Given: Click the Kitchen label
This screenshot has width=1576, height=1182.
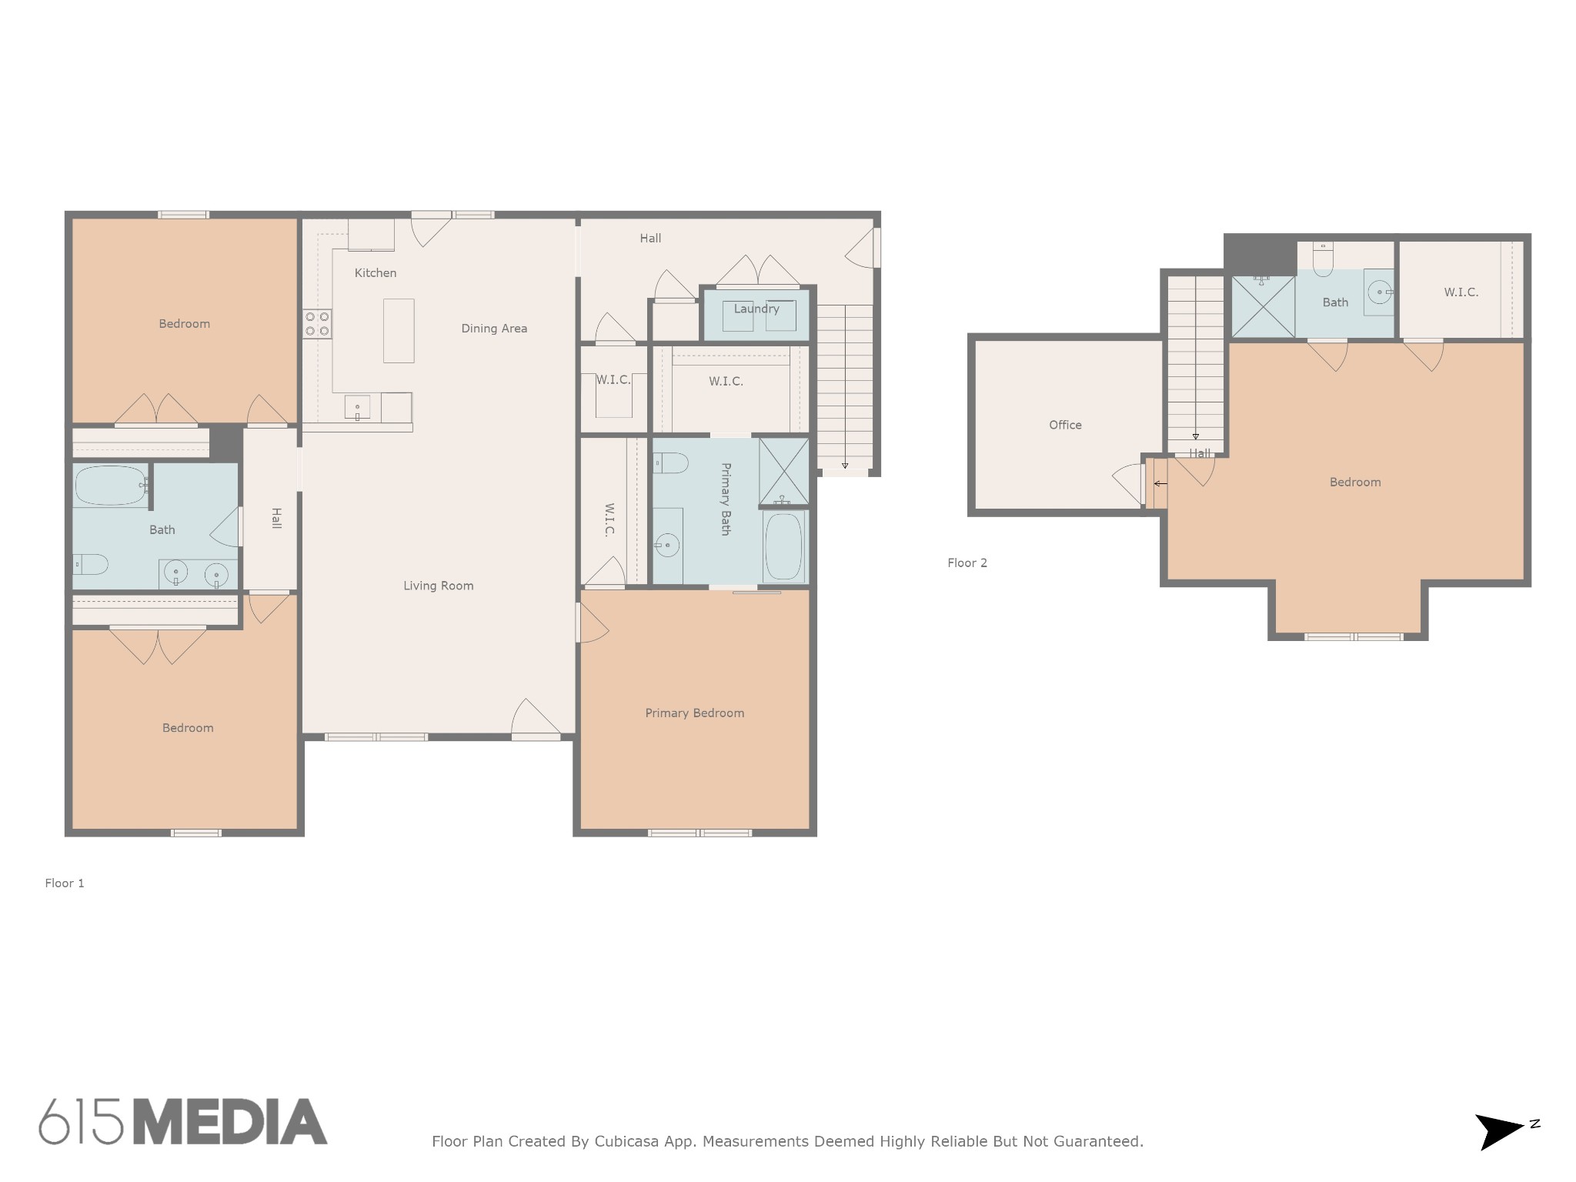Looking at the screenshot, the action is click(376, 273).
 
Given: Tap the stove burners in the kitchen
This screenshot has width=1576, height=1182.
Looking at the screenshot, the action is click(317, 323).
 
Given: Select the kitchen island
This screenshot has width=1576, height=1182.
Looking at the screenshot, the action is click(399, 331).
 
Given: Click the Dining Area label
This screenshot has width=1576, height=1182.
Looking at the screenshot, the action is click(494, 329).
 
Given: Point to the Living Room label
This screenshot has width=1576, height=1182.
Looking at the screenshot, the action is click(439, 586).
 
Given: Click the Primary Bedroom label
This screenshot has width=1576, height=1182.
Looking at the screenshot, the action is click(695, 713).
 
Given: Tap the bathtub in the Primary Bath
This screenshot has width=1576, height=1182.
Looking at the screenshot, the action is click(784, 547).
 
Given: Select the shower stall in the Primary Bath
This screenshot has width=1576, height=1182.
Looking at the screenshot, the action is click(784, 472).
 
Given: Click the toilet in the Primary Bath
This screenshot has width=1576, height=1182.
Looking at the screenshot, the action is click(670, 463).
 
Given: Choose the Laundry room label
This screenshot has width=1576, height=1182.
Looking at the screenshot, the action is click(756, 309).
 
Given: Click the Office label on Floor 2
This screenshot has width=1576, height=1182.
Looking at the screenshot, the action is click(1065, 425).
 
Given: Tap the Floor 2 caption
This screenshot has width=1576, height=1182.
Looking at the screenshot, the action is click(967, 563).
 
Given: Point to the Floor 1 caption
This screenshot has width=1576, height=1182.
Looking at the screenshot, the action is click(65, 883).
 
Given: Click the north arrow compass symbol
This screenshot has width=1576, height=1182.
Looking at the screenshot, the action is click(1505, 1131).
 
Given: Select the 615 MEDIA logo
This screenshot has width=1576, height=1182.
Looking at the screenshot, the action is click(183, 1122).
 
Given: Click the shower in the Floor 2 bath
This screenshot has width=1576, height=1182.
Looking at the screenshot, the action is click(1263, 306).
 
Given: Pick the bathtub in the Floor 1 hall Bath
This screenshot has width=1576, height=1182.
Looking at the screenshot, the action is click(112, 486).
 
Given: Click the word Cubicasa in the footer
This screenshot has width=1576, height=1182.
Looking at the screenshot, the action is click(626, 1142).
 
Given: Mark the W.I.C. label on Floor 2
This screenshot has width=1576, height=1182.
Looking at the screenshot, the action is click(1461, 292).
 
